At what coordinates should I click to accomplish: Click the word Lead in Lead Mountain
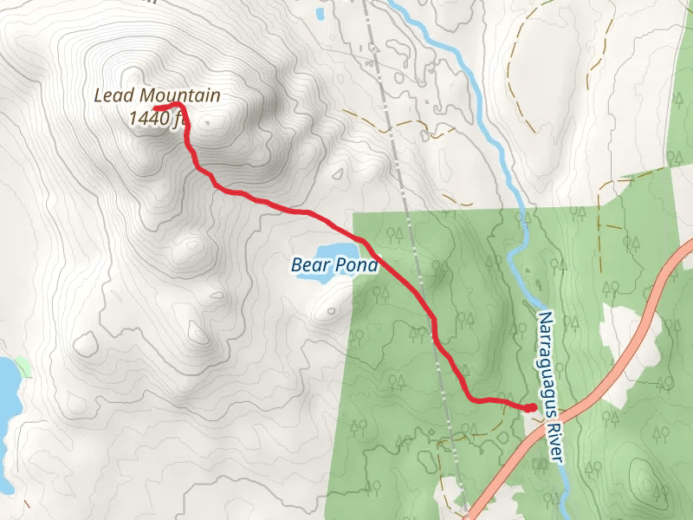pyautogui.click(x=111, y=96)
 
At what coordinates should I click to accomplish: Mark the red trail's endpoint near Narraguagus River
pyautogui.click(x=530, y=407)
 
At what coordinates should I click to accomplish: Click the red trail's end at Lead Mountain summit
pyautogui.click(x=156, y=107)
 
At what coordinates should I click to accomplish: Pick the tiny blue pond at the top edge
pyautogui.click(x=321, y=13)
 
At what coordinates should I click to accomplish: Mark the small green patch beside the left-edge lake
pyautogui.click(x=24, y=367)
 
